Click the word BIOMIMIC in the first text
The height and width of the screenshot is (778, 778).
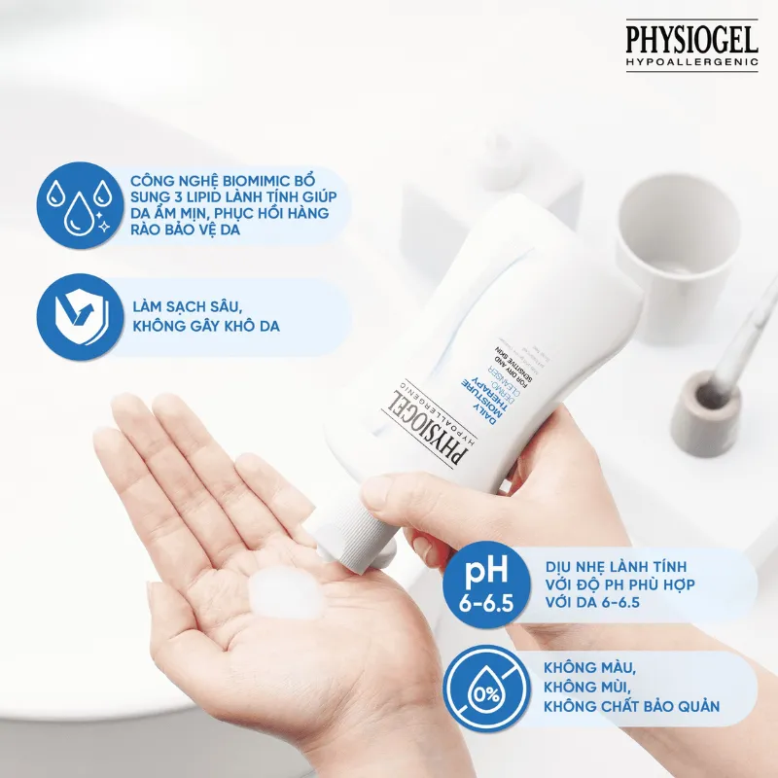coord(236,182)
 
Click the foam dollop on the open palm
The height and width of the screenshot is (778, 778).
coord(286,594)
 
